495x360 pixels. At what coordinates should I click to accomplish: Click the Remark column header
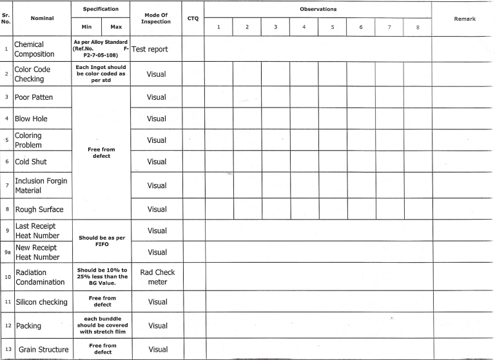tap(463, 19)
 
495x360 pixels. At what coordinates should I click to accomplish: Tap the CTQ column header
tap(193, 19)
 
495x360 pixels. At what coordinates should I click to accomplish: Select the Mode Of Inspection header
tap(156, 19)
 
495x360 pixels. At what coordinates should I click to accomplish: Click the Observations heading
tap(318, 9)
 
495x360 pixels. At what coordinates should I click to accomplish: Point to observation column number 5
tap(332, 27)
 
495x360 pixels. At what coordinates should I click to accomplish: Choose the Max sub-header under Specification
tap(116, 27)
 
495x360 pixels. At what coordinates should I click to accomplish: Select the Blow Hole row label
tap(31, 119)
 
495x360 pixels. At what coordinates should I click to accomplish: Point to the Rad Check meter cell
tap(157, 277)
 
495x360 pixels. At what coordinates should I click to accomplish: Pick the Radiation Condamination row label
tap(40, 278)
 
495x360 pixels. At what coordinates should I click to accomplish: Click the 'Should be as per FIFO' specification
tap(101, 241)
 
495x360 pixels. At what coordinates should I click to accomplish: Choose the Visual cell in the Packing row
tap(157, 326)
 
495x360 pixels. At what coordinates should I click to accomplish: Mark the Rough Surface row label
tap(41, 209)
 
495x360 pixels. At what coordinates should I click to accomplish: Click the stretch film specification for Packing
tap(101, 326)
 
